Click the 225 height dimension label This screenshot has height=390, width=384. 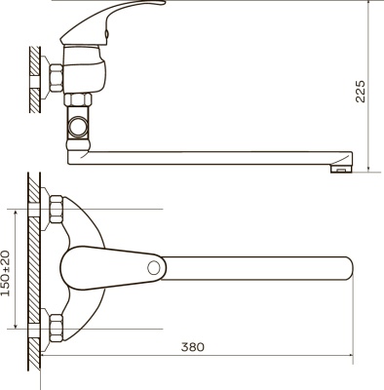[x=361, y=91]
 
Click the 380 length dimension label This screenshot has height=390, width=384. [x=193, y=347]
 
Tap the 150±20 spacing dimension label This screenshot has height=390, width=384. [x=6, y=273]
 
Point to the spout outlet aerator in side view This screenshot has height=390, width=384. [x=340, y=169]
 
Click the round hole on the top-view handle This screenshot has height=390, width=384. [x=154, y=268]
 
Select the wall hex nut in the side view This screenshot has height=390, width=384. [x=56, y=78]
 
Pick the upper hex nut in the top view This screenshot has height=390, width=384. [x=56, y=209]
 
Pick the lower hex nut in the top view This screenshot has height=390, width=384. [x=56, y=328]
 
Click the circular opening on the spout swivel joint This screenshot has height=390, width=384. [x=79, y=127]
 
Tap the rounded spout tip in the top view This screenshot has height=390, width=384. [x=347, y=268]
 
